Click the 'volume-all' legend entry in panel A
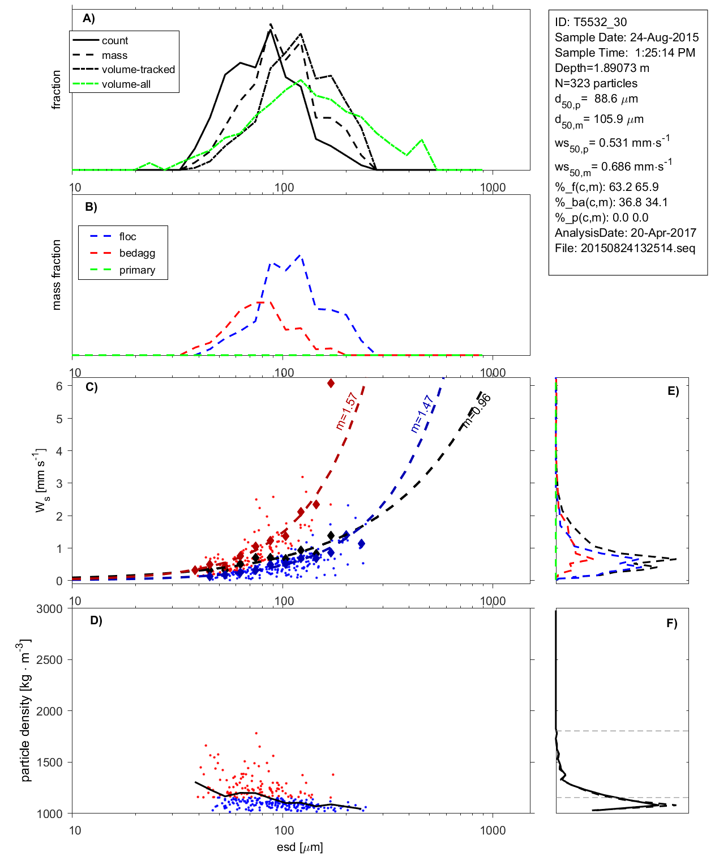(x=126, y=84)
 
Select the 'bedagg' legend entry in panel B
(x=137, y=253)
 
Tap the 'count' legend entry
(x=115, y=41)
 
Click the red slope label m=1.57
(x=346, y=411)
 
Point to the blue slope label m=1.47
(x=422, y=414)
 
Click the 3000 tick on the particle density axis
(x=49, y=609)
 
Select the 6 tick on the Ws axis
(x=59, y=386)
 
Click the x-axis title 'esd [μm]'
(x=299, y=847)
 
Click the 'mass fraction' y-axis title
(x=56, y=275)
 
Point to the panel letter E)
(x=673, y=391)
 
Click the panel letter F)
(x=671, y=623)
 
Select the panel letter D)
(x=96, y=620)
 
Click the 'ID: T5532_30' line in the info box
(x=590, y=22)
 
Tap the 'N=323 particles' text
(x=596, y=83)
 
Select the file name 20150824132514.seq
(x=637, y=248)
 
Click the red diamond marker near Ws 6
(x=331, y=384)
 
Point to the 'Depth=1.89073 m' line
(x=602, y=68)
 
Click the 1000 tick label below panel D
(x=493, y=831)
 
